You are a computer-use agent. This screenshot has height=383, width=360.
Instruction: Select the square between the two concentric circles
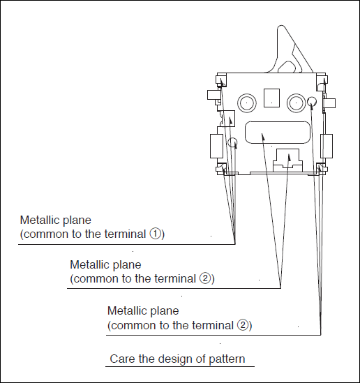[x=271, y=98]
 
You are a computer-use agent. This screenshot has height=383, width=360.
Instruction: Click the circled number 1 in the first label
[x=156, y=234]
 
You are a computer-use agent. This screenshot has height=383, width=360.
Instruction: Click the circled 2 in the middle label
[x=205, y=278]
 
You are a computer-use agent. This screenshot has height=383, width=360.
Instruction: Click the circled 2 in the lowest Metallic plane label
[x=243, y=325]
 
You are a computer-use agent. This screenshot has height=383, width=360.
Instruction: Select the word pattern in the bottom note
[x=227, y=359]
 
